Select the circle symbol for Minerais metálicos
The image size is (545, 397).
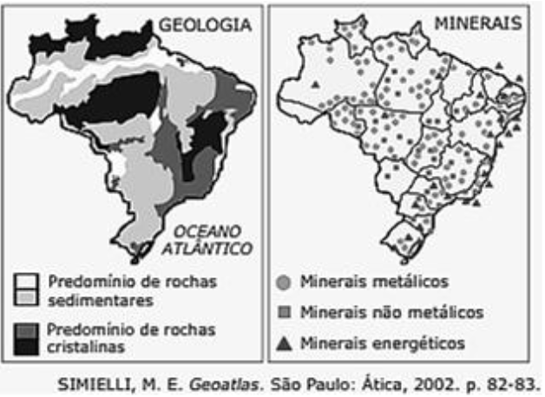[283, 283]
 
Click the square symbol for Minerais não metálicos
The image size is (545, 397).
[283, 312]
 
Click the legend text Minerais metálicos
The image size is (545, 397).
[373, 282]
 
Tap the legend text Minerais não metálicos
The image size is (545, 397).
[391, 312]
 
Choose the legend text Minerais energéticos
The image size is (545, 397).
[382, 343]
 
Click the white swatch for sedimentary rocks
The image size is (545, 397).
[25, 283]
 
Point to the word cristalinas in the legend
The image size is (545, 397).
[88, 348]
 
